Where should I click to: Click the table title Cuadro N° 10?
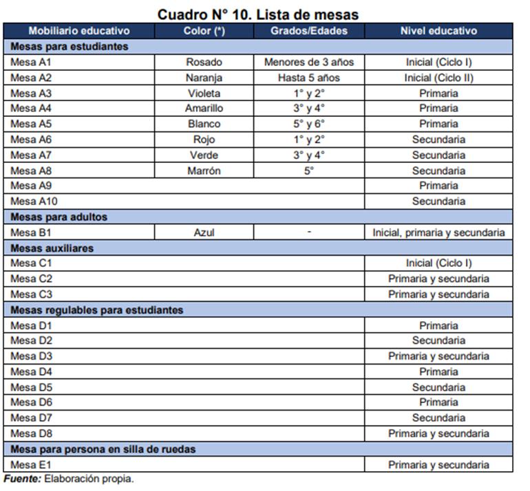click(257, 14)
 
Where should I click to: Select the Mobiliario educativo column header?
click(78, 31)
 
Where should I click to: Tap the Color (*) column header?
click(204, 31)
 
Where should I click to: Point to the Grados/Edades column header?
click(309, 31)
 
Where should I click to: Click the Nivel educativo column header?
click(438, 31)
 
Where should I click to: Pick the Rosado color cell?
click(204, 62)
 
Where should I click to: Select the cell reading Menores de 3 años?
click(309, 62)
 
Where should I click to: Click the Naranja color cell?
click(204, 78)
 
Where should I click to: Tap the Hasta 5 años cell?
click(309, 78)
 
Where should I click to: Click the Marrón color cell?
click(204, 171)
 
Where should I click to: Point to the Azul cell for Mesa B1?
click(204, 232)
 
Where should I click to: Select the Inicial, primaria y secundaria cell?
click(438, 232)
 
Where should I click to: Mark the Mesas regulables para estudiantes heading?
click(96, 310)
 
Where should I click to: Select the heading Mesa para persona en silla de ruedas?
click(103, 449)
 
